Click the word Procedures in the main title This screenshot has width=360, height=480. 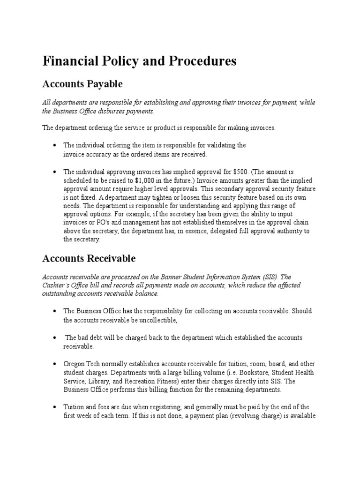point(202,61)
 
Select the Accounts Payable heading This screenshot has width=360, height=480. point(82,84)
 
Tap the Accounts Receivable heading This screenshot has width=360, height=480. point(89,258)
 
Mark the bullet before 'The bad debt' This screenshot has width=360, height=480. point(55,337)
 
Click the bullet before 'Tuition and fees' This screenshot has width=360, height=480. point(55,407)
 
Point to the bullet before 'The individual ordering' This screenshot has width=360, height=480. point(55,145)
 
